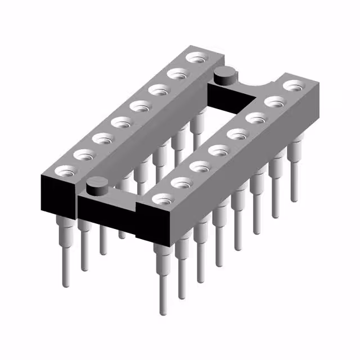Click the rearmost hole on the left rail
click(x=197, y=57)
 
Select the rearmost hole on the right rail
click(x=293, y=85)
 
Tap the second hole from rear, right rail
click(x=274, y=102)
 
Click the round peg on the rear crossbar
click(x=224, y=73)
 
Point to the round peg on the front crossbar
click(x=97, y=184)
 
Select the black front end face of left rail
click(x=57, y=195)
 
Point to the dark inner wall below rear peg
click(x=225, y=98)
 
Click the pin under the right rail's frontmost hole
click(x=163, y=281)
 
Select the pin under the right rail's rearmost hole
click(x=294, y=174)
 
